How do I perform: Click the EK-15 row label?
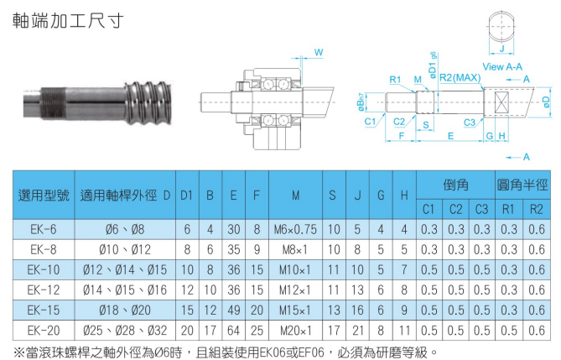point(44,310)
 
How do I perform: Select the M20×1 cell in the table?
point(295,331)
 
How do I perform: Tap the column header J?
point(357,196)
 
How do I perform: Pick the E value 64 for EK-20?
point(234,331)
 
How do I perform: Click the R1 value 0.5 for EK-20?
point(509,331)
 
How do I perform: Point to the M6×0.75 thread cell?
point(295,229)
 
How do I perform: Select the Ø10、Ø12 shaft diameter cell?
point(125,249)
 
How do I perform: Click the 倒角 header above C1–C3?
point(455,185)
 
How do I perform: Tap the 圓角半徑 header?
point(522,185)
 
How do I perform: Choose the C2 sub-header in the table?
point(455,209)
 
